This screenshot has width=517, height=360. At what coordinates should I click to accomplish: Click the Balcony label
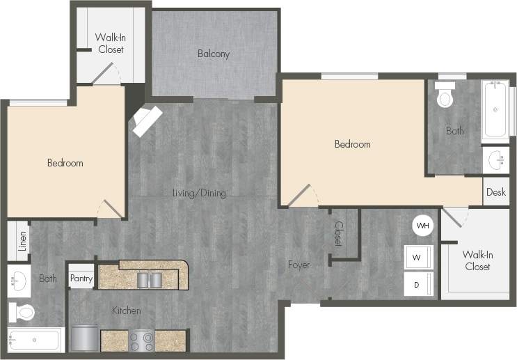(213, 54)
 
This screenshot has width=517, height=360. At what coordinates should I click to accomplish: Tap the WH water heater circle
(422, 226)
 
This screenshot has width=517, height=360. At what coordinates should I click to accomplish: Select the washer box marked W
(417, 258)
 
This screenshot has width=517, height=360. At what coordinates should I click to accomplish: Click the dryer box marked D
(417, 284)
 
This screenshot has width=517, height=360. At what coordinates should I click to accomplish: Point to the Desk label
(496, 192)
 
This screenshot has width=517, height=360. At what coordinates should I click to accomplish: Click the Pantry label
(81, 278)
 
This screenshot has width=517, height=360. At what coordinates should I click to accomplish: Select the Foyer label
(299, 265)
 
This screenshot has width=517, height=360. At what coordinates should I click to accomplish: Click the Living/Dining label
(199, 193)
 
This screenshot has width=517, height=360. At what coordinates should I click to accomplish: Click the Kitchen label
(126, 311)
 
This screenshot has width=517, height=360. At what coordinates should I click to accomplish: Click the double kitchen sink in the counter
(151, 279)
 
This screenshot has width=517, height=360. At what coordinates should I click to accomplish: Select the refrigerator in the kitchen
(85, 338)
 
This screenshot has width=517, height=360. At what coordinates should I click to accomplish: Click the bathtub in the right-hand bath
(495, 110)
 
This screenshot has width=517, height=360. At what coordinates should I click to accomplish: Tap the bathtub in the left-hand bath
(35, 341)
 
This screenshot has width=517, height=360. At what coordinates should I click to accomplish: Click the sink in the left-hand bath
(19, 281)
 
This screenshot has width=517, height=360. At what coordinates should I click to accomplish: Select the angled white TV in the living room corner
(148, 121)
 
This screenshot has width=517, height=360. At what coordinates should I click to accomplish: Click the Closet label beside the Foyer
(338, 234)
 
